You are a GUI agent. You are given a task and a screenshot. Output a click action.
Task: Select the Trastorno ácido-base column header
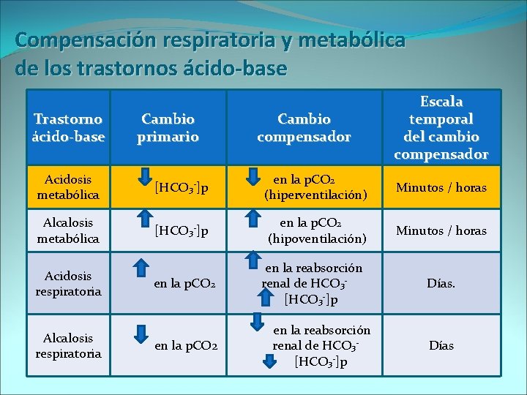coord(69,127)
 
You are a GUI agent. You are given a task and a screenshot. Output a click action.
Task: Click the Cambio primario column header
coord(168,127)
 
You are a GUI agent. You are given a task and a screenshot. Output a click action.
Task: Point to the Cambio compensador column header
coord(304,127)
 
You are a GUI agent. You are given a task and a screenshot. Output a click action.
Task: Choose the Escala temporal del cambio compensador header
coord(441,127)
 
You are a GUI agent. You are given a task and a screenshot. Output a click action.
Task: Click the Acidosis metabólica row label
coord(68,187)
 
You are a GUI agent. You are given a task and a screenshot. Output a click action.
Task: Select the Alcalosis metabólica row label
coord(68,230)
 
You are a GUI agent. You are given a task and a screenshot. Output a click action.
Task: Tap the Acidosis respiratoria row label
coord(68,283)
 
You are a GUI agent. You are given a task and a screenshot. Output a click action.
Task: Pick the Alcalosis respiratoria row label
coord(68,345)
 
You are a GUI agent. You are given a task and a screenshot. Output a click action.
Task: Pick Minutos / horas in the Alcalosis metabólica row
coord(441,231)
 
